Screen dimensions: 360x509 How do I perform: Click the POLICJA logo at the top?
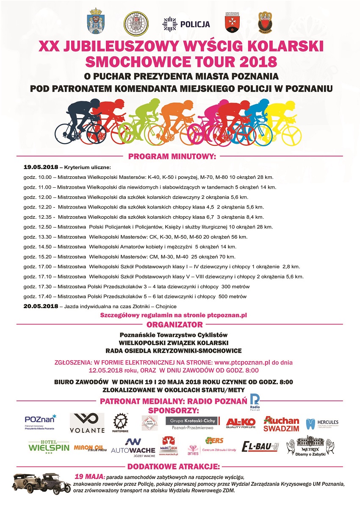coord(186,24)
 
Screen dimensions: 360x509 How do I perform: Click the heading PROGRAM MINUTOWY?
coord(172,156)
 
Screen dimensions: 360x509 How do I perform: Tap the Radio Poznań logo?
coord(255,401)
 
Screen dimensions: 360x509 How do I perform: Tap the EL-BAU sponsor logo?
coord(260,446)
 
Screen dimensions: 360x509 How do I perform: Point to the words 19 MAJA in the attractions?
coord(89,476)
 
